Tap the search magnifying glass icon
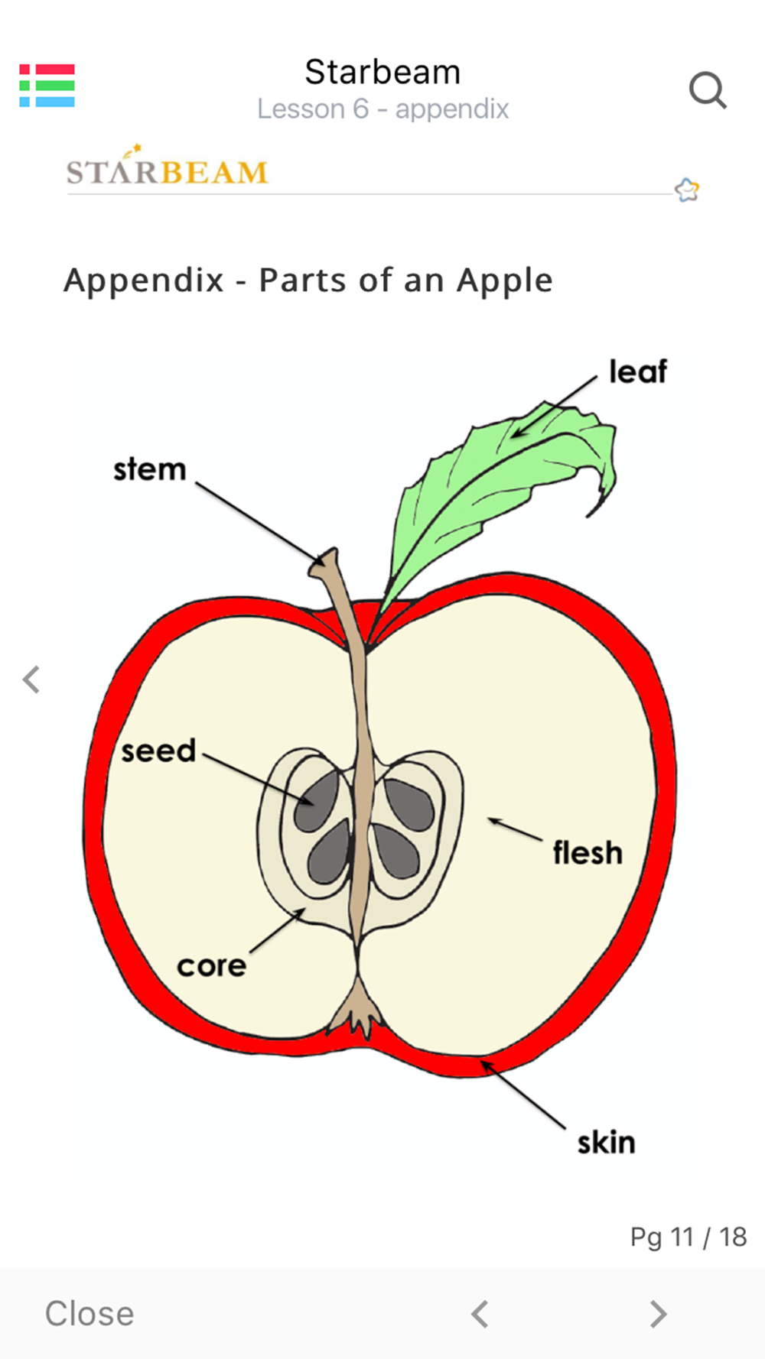pyautogui.click(x=708, y=92)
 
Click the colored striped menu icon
pyautogui.click(x=47, y=86)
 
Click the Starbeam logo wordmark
pyautogui.click(x=167, y=170)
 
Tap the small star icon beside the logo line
pyautogui.click(x=687, y=189)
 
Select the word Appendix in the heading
pyautogui.click(x=144, y=281)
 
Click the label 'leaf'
pyautogui.click(x=638, y=372)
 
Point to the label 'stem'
pyautogui.click(x=150, y=469)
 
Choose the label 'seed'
pyautogui.click(x=158, y=751)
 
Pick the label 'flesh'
pyautogui.click(x=588, y=853)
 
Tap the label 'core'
pyautogui.click(x=211, y=966)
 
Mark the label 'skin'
pyautogui.click(x=606, y=1143)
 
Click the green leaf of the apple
pyautogui.click(x=497, y=474)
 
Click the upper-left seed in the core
pyautogui.click(x=317, y=800)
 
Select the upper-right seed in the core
pyautogui.click(x=410, y=804)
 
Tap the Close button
pyautogui.click(x=90, y=1314)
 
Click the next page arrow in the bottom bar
pyautogui.click(x=658, y=1314)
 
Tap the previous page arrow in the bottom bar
pyautogui.click(x=480, y=1314)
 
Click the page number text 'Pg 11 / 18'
pyautogui.click(x=688, y=1237)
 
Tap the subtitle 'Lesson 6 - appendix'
pyautogui.click(x=382, y=109)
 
